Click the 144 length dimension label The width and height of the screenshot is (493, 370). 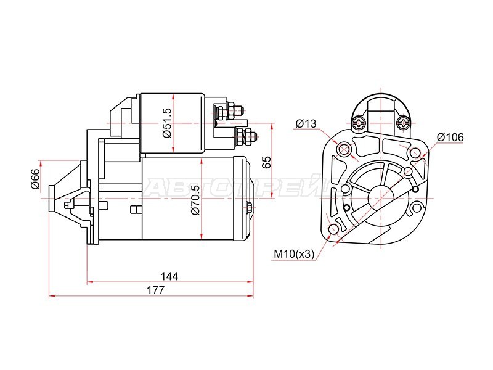tap(169, 276)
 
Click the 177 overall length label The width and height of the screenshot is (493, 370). tap(156, 290)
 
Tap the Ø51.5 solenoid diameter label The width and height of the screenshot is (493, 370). tap(167, 123)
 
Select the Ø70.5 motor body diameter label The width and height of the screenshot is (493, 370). tap(195, 200)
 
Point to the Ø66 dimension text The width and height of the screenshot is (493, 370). tap(35, 179)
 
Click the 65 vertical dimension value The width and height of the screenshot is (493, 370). tap(266, 162)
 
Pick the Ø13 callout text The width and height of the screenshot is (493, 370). tap(306, 124)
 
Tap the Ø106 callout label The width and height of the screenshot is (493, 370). tap(450, 137)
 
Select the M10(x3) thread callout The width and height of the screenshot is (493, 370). tap(294, 253)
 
